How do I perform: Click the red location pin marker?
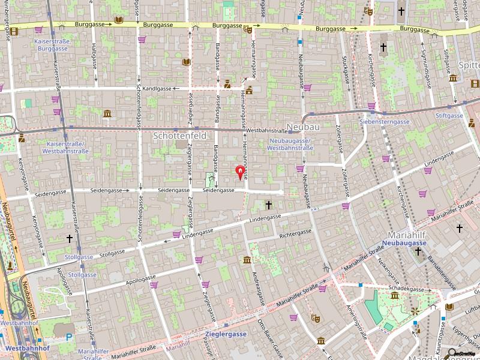coord(241,173)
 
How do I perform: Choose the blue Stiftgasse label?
coord(449,115)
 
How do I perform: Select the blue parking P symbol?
coord(69,337)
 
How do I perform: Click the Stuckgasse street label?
coord(346,70)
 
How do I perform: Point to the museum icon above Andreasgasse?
coord(247,260)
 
